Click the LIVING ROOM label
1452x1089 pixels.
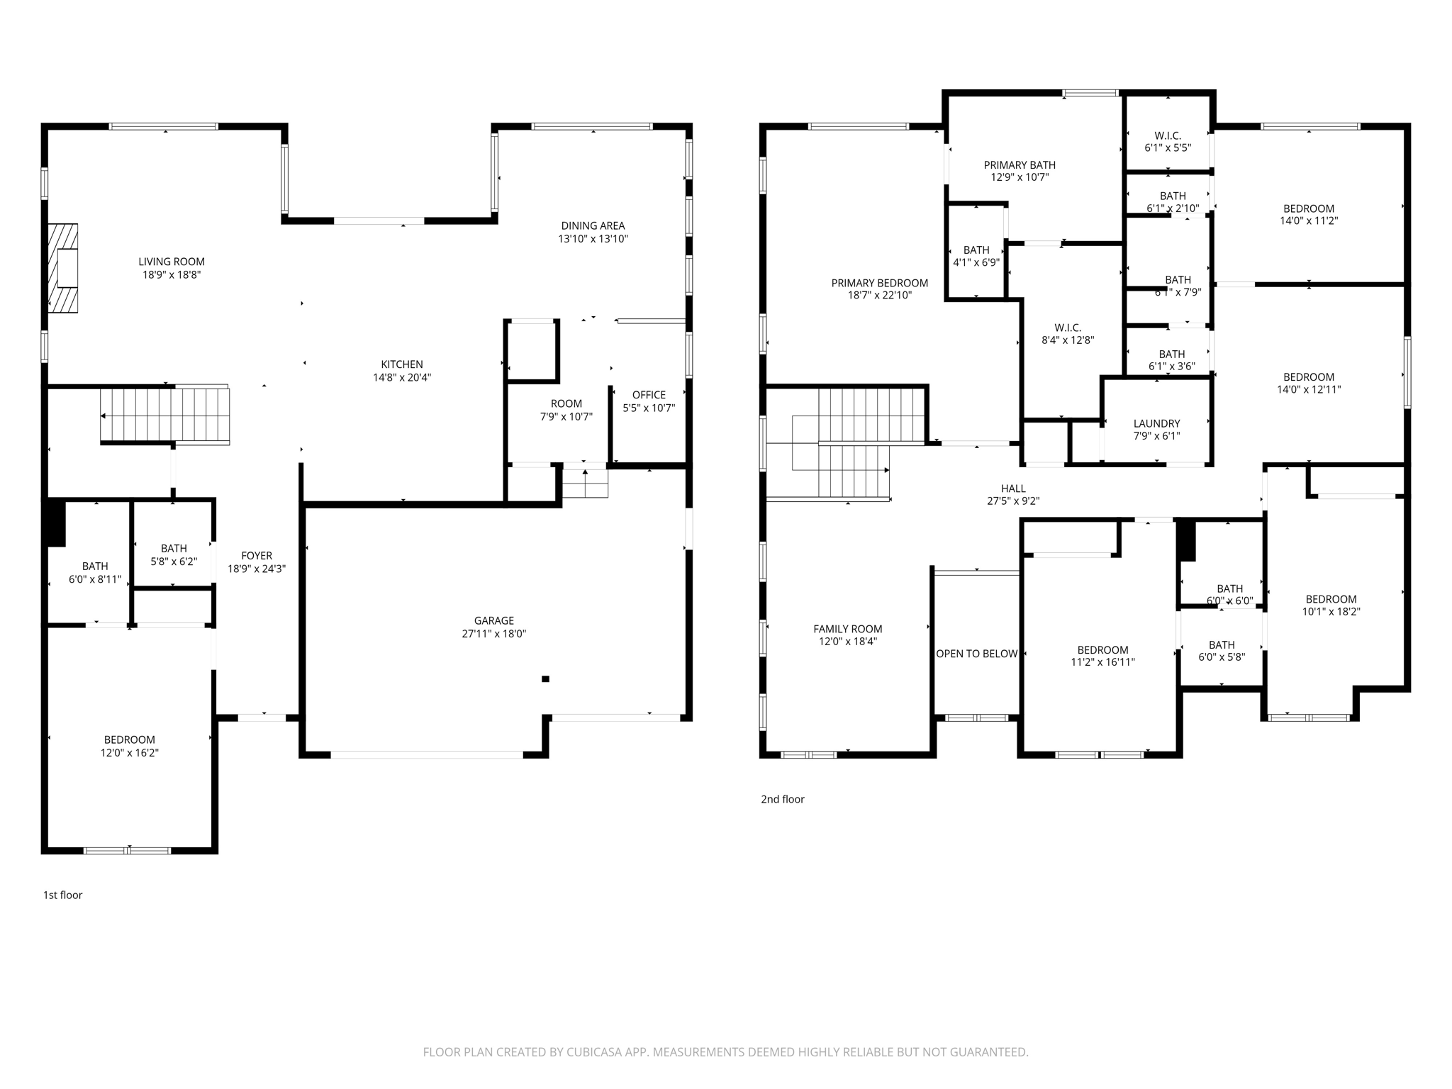coord(172,262)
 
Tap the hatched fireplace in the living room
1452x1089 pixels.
coord(63,268)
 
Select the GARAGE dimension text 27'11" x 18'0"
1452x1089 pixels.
coord(494,634)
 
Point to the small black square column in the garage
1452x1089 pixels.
coord(545,679)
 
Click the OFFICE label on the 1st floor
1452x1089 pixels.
coord(649,395)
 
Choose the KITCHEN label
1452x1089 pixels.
coord(402,364)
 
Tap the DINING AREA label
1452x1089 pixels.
coord(593,226)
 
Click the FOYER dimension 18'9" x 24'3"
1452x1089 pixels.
coord(257,569)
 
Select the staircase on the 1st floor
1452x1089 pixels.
coord(165,415)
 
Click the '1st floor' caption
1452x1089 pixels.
coord(63,895)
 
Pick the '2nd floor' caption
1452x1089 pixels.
coord(783,799)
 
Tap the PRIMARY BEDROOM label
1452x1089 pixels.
coord(879,283)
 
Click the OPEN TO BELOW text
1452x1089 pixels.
coord(977,654)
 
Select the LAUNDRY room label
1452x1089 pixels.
coord(1156,423)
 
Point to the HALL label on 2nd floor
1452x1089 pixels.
coord(1013,488)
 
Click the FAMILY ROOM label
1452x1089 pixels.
coord(848,629)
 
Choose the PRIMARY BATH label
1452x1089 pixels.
coord(1020,165)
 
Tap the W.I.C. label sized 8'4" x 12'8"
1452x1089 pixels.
coord(1068,328)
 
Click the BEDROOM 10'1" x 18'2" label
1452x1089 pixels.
coord(1331,599)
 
